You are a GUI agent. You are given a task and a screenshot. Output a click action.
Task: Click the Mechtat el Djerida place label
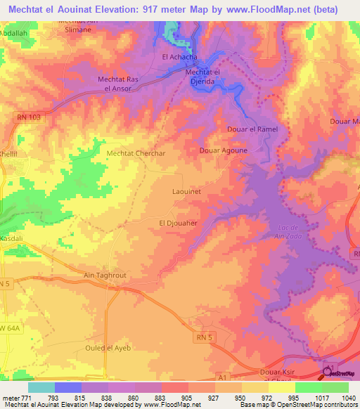(x=203, y=76)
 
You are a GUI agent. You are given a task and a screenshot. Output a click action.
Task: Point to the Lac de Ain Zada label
(x=304, y=233)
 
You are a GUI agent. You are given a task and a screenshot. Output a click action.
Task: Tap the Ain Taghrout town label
(x=105, y=275)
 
